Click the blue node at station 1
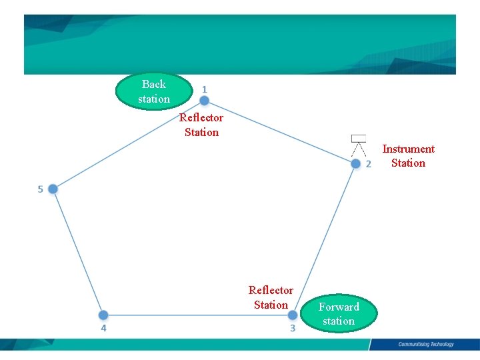pos(204,101)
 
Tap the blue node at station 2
pos(355,162)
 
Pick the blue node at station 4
pos(103,315)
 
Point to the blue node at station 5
pos(53,189)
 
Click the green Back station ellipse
pos(154,91)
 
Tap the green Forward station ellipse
pos(339,314)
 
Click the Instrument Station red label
pos(408,156)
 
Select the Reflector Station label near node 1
pos(201,125)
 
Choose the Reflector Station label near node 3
pos(271,297)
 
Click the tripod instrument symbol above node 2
pos(359,145)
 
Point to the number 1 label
pos(204,89)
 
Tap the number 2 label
pos(367,164)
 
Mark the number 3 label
pos(292,328)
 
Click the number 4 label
pos(103,328)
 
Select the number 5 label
pos(40,189)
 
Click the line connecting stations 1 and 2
pos(280,131)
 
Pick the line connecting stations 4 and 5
pos(78,252)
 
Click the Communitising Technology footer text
pos(425,345)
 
